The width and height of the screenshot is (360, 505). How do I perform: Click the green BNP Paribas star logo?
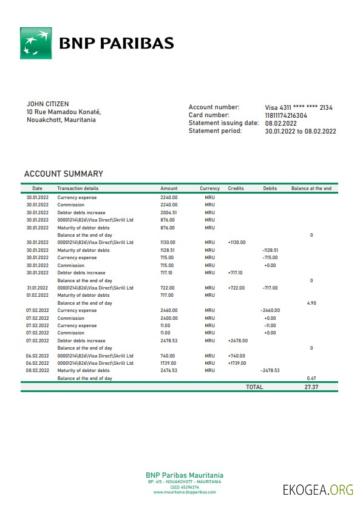point(36,43)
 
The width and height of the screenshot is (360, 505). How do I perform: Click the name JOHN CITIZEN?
point(47,104)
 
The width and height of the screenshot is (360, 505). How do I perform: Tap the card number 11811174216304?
point(286,115)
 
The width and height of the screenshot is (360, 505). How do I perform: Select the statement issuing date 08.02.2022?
point(282,123)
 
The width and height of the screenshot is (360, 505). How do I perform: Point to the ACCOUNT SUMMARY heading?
point(63,174)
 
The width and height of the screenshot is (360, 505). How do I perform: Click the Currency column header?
point(209,189)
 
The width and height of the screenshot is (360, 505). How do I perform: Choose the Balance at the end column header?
point(311,189)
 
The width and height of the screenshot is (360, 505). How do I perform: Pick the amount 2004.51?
point(169,212)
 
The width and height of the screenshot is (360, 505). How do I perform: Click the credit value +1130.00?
point(236,242)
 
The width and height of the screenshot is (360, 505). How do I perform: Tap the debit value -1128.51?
point(270,250)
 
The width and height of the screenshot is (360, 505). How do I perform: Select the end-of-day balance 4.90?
point(311,302)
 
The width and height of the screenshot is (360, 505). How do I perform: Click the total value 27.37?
point(312,387)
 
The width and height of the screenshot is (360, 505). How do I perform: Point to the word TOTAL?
point(254,387)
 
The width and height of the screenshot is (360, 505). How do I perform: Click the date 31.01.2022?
point(37,288)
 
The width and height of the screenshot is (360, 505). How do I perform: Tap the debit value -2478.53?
point(270,370)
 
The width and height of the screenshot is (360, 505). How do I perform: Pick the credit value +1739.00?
point(236,363)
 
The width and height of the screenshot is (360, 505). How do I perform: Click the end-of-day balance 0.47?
point(311,378)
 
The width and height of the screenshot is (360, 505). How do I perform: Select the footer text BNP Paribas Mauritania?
point(184,475)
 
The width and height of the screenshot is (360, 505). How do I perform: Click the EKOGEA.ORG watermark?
point(318,490)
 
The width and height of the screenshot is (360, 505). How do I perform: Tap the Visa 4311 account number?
point(298,107)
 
